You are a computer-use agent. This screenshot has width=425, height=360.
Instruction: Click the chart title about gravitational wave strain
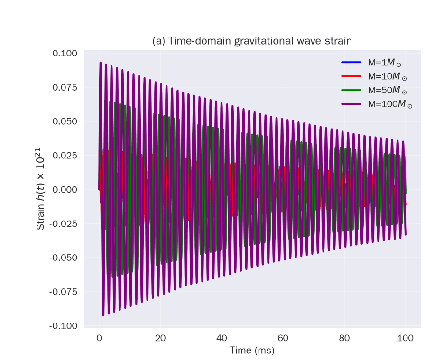[252, 41]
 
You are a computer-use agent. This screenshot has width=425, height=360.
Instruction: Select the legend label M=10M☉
[387, 76]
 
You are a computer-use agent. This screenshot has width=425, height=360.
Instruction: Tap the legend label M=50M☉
[387, 90]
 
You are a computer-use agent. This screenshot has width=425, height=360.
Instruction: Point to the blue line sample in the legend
[352, 63]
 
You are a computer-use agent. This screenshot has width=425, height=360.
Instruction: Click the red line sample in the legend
[352, 76]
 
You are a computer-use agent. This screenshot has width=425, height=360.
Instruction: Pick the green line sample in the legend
[352, 90]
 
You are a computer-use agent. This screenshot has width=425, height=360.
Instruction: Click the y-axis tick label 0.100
[65, 53]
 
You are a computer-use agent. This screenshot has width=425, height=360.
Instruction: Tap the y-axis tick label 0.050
[65, 121]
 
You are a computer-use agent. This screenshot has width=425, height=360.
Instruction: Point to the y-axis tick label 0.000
[65, 190]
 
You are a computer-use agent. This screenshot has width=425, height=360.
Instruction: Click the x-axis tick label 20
[160, 338]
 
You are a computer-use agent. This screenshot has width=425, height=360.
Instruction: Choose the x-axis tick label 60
[283, 338]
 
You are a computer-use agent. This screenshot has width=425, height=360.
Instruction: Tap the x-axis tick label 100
[406, 338]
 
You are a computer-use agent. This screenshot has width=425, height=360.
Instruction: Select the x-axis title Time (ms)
[252, 351]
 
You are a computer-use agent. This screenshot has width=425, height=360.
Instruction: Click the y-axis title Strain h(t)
[41, 190]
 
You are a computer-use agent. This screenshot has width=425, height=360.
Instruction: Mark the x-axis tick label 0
[99, 338]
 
